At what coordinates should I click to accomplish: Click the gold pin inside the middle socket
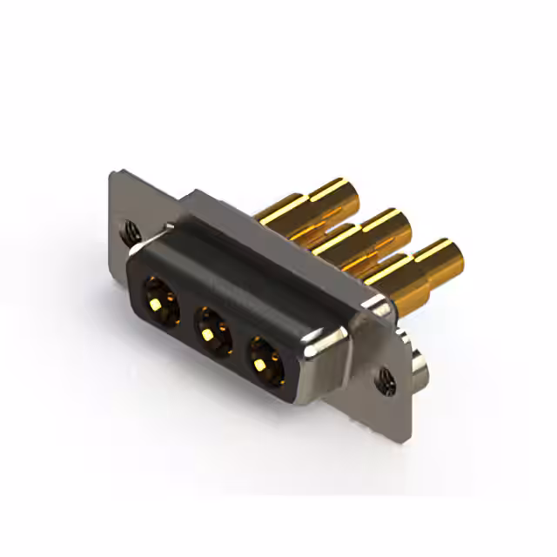tap(207, 333)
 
